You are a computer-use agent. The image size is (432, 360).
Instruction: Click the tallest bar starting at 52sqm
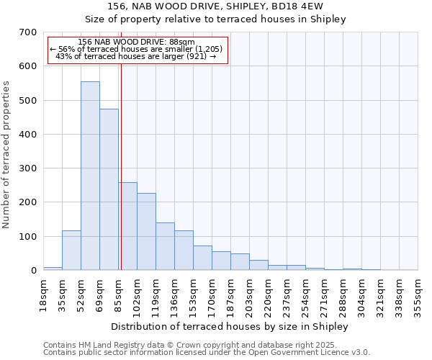click(90, 176)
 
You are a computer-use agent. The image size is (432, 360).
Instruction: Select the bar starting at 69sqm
click(109, 190)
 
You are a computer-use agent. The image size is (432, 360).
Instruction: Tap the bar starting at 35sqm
click(71, 251)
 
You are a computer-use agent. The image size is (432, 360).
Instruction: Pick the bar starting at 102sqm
click(146, 232)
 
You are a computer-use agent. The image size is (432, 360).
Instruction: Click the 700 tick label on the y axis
click(28, 32)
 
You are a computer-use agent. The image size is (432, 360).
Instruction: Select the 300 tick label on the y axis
click(28, 168)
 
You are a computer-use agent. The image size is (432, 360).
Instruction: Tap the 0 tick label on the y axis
click(33, 271)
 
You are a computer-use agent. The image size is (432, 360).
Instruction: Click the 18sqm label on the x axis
click(43, 294)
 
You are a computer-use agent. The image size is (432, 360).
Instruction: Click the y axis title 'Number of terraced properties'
click(6, 154)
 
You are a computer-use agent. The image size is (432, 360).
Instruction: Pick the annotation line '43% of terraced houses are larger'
click(135, 56)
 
